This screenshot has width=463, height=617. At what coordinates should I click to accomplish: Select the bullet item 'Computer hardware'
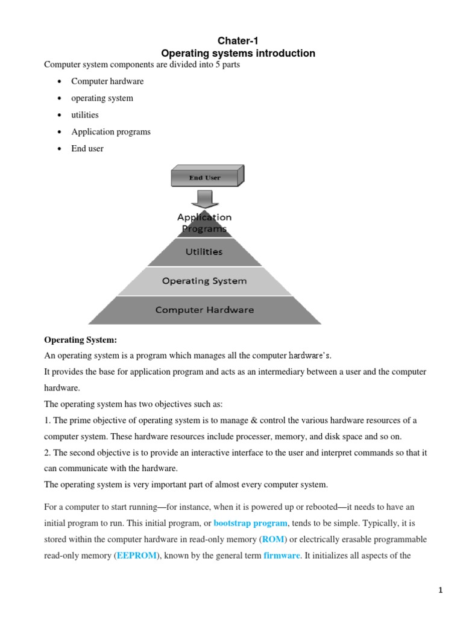pyautogui.click(x=107, y=81)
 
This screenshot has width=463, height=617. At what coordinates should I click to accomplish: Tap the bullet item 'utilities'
pyautogui.click(x=84, y=114)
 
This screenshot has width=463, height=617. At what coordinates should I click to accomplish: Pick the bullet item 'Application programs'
pyautogui.click(x=111, y=131)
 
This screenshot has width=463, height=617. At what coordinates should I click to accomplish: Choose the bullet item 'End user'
pyautogui.click(x=87, y=148)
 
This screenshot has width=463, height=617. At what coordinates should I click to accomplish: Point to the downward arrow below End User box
pyautogui.click(x=205, y=198)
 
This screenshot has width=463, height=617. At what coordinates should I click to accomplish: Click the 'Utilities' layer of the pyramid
pyautogui.click(x=204, y=252)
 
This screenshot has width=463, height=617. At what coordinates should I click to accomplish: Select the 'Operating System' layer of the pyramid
pyautogui.click(x=204, y=281)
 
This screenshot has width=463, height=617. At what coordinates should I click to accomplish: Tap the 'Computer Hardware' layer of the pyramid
pyautogui.click(x=204, y=310)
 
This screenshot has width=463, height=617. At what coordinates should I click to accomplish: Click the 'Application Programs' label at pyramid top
pyautogui.click(x=204, y=222)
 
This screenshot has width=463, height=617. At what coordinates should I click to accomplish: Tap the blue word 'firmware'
pyautogui.click(x=282, y=556)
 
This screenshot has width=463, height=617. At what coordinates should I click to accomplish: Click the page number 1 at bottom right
pyautogui.click(x=441, y=590)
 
